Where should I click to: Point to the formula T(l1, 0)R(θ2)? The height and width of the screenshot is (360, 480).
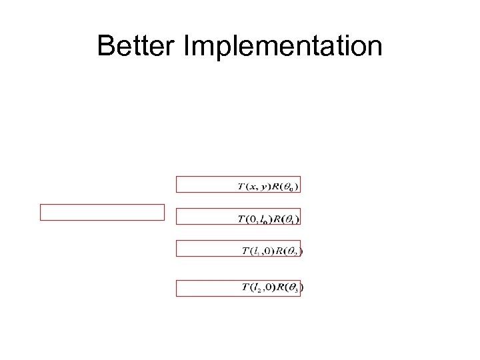(x=273, y=251)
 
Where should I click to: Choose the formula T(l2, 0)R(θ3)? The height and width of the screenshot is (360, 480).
(x=273, y=288)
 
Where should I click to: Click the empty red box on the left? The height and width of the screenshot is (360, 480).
(x=102, y=212)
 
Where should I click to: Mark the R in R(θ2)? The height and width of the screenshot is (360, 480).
(x=281, y=251)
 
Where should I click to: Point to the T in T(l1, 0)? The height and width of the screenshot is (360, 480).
(x=245, y=251)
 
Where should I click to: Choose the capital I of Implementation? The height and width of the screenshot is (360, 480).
(x=187, y=47)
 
